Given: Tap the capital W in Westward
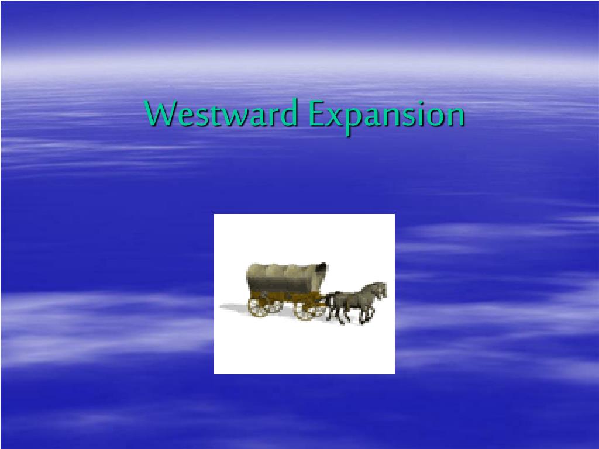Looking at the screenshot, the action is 161,113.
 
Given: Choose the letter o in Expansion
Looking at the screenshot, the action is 433,116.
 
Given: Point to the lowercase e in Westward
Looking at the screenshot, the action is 185,116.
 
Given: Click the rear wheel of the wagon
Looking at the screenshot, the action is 260,307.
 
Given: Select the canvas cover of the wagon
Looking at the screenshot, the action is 287,278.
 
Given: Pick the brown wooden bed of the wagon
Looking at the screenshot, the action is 285,296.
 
